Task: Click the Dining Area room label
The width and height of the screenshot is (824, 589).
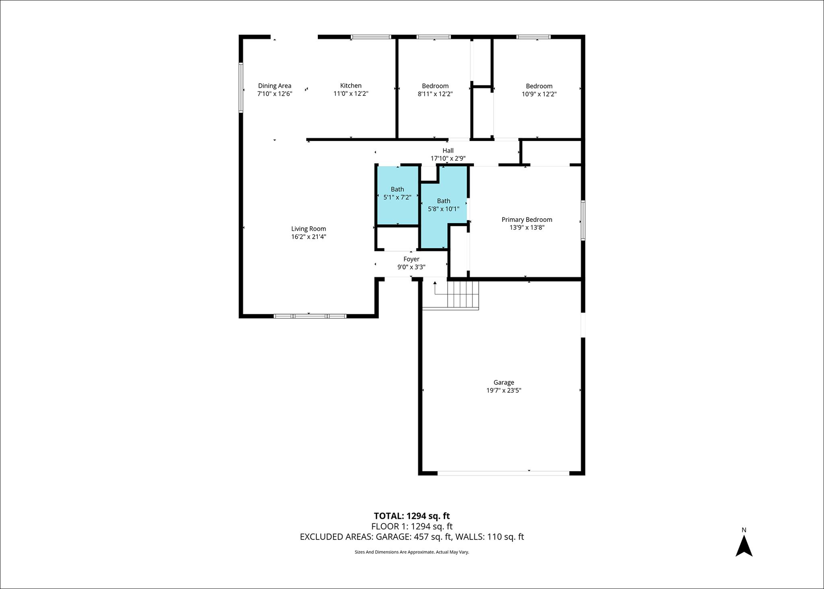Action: [274, 86]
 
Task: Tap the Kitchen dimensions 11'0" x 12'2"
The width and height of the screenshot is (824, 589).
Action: [351, 94]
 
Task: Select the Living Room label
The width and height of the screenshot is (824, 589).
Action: [309, 229]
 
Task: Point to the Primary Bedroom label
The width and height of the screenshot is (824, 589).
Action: [527, 219]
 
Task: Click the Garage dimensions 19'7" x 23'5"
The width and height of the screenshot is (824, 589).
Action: [504, 390]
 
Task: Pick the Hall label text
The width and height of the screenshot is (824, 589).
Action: [448, 151]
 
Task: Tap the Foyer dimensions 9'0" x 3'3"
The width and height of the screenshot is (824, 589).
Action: [411, 267]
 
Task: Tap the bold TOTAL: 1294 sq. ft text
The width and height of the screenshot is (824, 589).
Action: [412, 516]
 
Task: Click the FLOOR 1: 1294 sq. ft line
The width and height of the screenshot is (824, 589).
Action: [412, 526]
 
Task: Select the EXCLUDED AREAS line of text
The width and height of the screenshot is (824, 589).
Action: [412, 537]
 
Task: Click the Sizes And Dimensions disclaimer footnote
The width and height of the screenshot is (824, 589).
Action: [412, 552]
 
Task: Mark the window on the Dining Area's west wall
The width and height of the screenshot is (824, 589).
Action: [241, 87]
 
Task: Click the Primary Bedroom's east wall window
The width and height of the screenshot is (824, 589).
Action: [583, 221]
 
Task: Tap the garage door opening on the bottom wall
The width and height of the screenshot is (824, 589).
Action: [503, 473]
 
